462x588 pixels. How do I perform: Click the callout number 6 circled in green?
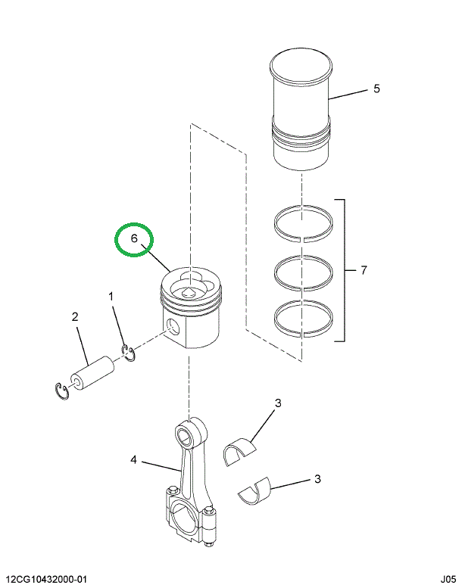pos(133,239)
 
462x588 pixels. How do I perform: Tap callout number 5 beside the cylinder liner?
pos(376,89)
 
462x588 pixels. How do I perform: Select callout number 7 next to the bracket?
pos(364,270)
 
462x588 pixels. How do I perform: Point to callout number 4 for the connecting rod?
pos(133,459)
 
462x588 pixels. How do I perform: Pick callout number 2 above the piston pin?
pos(76,317)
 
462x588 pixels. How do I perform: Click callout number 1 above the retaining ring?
pos(111,297)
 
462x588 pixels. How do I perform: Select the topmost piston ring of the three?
pos(302,222)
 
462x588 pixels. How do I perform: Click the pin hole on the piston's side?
pos(175,327)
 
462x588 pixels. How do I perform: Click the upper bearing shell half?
pos(242,450)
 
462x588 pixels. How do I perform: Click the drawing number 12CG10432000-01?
pos(45,579)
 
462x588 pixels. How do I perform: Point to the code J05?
pos(442,579)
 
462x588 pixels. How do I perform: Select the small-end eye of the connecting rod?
pos(186,434)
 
